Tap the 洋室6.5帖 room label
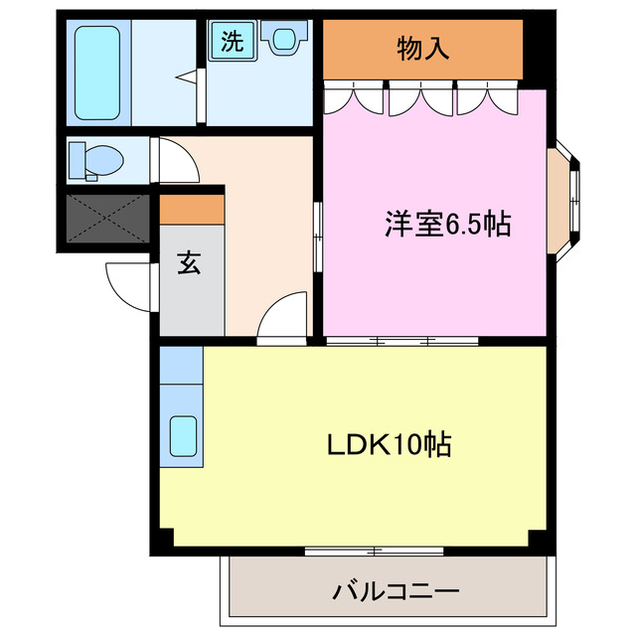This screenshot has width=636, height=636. click(x=447, y=226)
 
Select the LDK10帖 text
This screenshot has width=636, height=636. click(x=390, y=443)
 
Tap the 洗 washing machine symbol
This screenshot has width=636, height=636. click(x=231, y=41)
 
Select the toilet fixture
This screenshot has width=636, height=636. click(x=97, y=158)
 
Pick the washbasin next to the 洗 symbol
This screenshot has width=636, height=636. click(x=283, y=41)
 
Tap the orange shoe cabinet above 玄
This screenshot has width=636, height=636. click(x=192, y=210)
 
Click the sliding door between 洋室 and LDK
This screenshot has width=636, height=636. click(x=401, y=341)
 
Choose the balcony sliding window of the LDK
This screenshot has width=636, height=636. click(x=374, y=550)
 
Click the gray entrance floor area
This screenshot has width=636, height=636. click(x=192, y=298)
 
